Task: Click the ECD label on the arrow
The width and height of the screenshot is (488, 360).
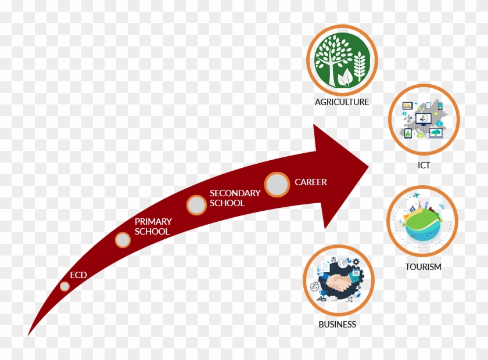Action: point(78,275)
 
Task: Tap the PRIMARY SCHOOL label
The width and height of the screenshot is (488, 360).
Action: point(153,226)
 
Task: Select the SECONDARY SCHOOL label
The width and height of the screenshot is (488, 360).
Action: point(235,198)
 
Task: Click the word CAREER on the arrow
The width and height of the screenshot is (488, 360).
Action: point(311,182)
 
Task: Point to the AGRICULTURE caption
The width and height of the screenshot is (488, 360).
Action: point(342,102)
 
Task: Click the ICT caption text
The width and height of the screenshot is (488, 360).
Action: point(424,165)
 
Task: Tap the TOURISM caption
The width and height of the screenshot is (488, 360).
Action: point(423,267)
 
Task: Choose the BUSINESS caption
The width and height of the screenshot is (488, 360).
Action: point(337,325)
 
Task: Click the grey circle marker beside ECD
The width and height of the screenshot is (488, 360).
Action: point(64,286)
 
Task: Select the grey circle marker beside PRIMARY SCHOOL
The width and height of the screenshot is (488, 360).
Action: point(123,240)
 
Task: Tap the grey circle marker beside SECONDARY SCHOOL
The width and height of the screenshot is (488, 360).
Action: point(196,204)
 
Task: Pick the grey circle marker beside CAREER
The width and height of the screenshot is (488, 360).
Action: point(278,185)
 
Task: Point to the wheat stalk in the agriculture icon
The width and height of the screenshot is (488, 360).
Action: point(360,67)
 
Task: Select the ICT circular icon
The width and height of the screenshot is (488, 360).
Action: point(424,119)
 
